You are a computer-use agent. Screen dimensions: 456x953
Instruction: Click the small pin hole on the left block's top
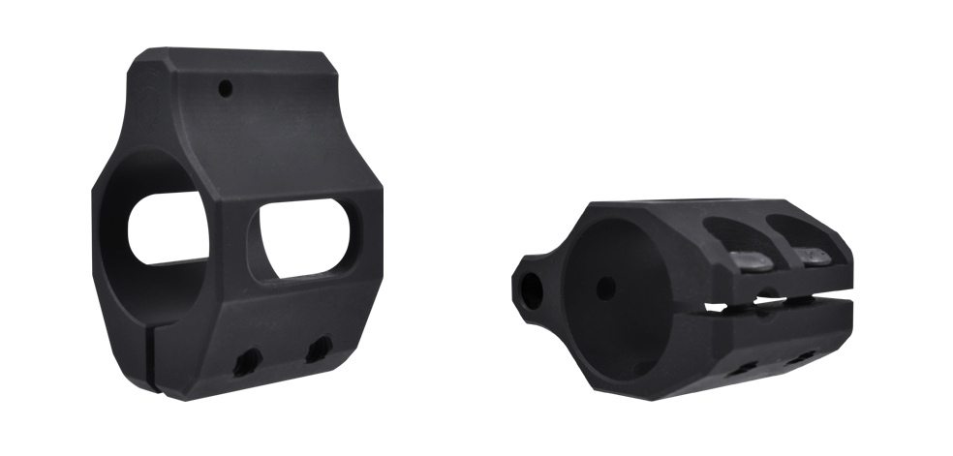[225, 89]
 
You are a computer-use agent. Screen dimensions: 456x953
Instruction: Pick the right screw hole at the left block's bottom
[318, 348]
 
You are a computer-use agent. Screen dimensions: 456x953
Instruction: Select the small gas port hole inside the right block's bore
[605, 288]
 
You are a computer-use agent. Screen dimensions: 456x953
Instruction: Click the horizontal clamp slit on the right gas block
[775, 305]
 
